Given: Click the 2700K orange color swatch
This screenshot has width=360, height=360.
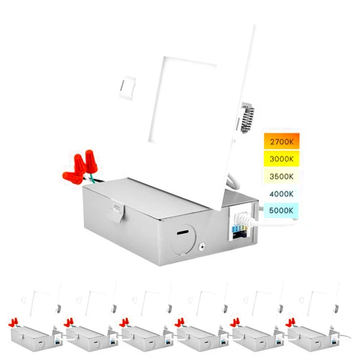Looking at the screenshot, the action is pyautogui.click(x=282, y=141).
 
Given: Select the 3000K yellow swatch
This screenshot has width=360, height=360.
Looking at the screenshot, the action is pyautogui.click(x=282, y=158).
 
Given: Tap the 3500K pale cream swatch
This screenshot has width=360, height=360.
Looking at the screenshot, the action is pyautogui.click(x=282, y=176).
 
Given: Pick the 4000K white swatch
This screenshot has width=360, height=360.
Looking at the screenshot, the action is pyautogui.click(x=282, y=194).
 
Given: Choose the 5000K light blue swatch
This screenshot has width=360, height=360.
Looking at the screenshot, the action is pyautogui.click(x=281, y=210).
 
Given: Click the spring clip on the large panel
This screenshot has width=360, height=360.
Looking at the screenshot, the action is pyautogui.click(x=247, y=117).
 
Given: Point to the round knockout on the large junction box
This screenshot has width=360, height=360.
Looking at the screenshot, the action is pyautogui.click(x=183, y=239).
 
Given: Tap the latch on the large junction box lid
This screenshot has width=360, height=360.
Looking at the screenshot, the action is pyautogui.click(x=117, y=211).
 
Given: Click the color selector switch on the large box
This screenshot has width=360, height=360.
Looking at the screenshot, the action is pyautogui.click(x=240, y=229).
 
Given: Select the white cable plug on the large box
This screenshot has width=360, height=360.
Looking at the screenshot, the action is pyautogui.click(x=245, y=219).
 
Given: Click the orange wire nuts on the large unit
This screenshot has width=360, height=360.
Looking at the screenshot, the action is pyautogui.click(x=80, y=166).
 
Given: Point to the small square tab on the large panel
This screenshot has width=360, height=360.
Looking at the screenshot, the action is pyautogui.click(x=128, y=88).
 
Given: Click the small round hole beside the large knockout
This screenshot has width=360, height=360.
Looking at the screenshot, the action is pyautogui.click(x=203, y=247).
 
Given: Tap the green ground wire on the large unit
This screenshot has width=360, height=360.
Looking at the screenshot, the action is pyautogui.click(x=91, y=179).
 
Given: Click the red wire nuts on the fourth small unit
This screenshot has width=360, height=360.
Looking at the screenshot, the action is pyautogui.click(x=179, y=322).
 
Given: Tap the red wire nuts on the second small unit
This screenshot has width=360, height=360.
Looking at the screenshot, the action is pyautogui.click(x=69, y=322).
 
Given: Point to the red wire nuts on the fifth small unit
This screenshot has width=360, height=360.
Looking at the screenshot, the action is pyautogui.click(x=235, y=322).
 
